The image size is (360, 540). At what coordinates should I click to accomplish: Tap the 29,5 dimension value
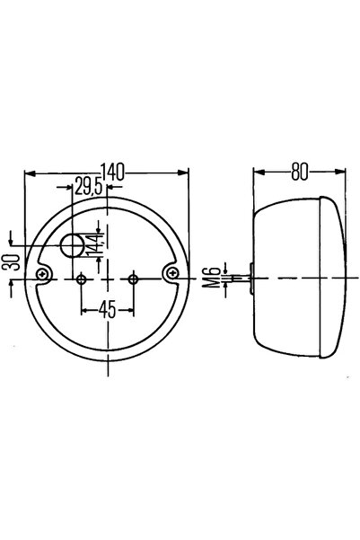(x=88, y=188)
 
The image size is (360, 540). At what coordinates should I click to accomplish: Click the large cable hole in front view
(x=73, y=244)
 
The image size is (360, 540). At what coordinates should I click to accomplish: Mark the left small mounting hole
(x=82, y=279)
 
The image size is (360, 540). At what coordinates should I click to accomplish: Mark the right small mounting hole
(x=133, y=279)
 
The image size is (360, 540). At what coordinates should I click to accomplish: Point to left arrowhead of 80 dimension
(x=258, y=173)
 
